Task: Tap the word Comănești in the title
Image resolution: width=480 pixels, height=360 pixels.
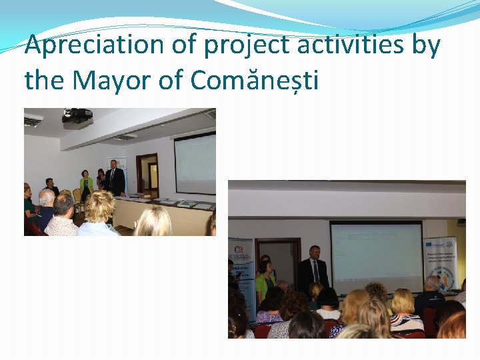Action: click(255, 81)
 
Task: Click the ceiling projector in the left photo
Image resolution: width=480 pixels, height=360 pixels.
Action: click(77, 116)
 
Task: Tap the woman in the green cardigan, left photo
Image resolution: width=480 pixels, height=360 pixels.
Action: click(86, 186)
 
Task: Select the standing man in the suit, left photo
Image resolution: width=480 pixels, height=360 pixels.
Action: click(115, 178)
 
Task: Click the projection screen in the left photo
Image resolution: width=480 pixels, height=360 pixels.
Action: click(195, 163)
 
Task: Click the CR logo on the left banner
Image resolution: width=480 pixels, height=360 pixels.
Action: click(240, 251)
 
